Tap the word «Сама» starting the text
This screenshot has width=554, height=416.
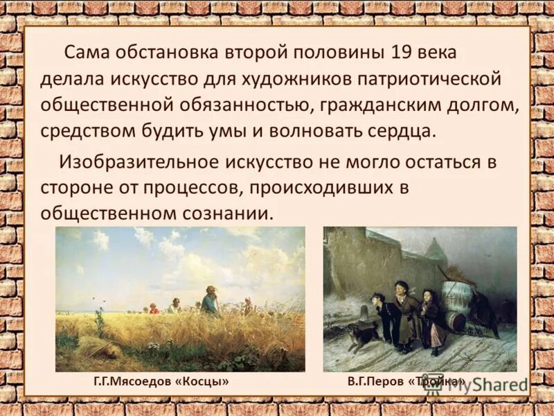(x=86, y=53)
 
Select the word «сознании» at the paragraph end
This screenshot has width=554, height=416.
(x=226, y=214)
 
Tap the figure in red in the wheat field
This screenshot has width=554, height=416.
(x=154, y=308)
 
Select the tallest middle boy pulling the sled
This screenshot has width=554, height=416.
(x=403, y=315)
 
